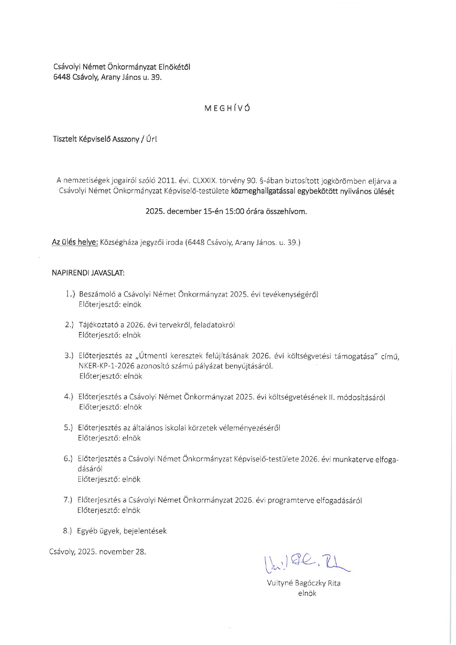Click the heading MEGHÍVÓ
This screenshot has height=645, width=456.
(227, 108)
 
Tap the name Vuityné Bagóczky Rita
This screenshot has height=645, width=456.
(303, 583)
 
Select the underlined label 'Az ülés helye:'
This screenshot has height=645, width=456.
(75, 242)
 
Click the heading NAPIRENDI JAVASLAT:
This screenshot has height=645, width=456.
(88, 273)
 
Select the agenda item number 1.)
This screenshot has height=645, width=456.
(70, 294)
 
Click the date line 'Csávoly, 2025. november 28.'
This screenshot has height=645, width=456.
(97, 552)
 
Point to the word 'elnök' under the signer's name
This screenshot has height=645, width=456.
(307, 593)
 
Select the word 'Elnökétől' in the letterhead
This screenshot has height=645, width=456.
(174, 67)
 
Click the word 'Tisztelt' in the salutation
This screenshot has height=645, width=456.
(64, 139)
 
